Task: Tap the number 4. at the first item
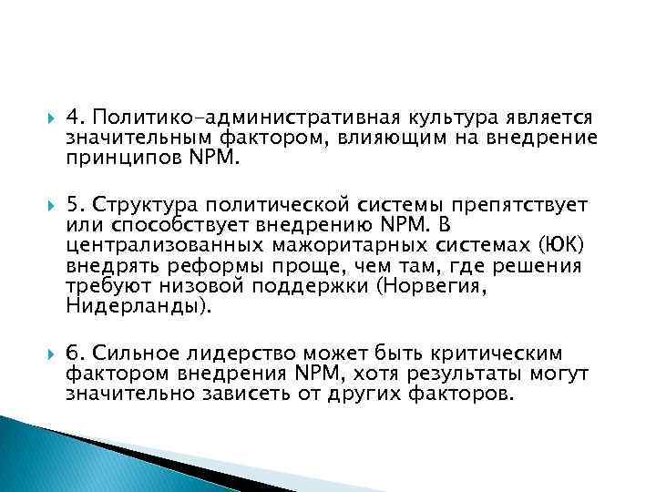pos(76,118)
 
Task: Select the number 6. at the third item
pos(76,354)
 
